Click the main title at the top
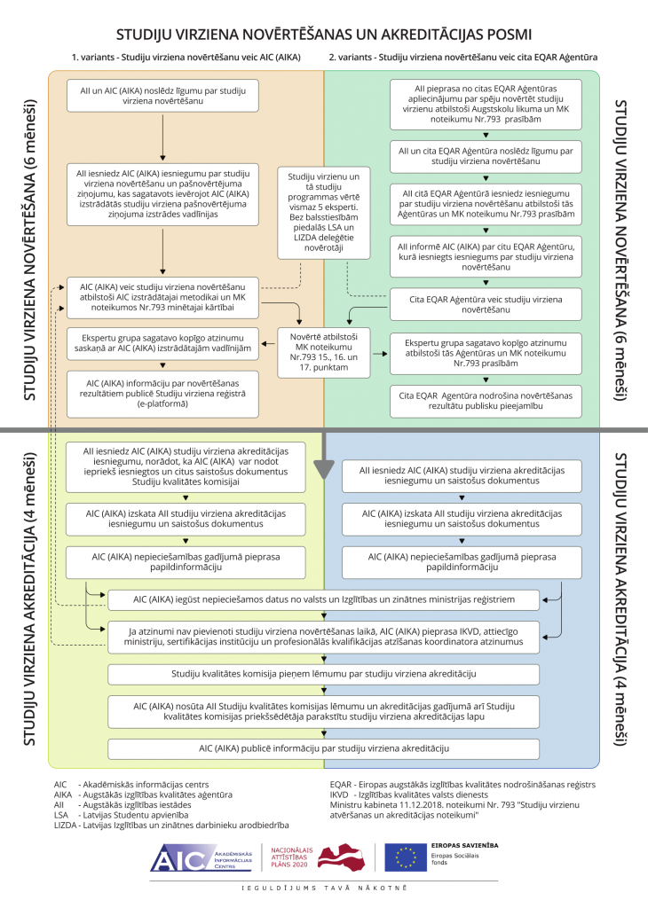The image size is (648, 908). pos(324,35)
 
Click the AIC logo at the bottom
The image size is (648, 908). pos(202,858)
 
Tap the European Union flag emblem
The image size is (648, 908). pos(405,857)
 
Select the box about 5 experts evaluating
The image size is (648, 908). pos(323,213)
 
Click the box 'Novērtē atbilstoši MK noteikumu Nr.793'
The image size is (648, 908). pos(323,352)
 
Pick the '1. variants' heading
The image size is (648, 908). pos(186,58)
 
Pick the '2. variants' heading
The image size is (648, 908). pos(462,58)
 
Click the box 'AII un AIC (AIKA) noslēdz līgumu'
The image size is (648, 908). pos(162,96)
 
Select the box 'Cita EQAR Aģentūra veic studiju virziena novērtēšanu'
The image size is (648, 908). pos(486,305)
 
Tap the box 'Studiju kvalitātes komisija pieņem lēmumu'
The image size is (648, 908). pos(323,674)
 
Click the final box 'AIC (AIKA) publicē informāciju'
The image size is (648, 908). pos(323,748)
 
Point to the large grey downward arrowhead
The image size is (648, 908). pos(324,469)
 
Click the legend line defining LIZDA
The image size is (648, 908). pos(171,826)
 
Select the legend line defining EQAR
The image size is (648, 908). pos(462,785)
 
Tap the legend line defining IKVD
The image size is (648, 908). pos(409,795)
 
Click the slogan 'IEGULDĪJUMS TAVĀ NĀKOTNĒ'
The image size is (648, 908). pos(324,888)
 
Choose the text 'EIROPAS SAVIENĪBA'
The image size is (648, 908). pos(465,845)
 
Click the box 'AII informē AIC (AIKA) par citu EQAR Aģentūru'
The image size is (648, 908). pos(486,256)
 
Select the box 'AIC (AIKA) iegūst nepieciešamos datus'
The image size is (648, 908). pos(323,600)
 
